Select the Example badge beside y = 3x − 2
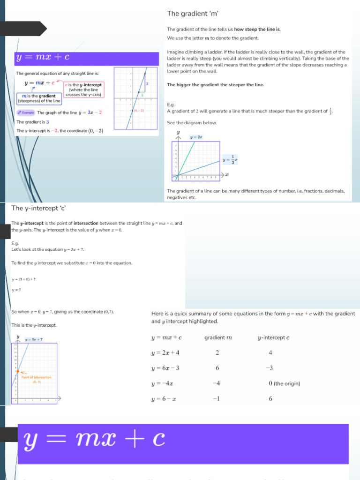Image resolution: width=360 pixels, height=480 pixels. [x=26, y=112]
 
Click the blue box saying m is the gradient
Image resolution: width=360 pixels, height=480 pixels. [x=39, y=98]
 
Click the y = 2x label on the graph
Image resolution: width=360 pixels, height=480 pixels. [x=196, y=137]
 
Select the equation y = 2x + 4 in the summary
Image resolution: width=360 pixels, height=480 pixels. [x=165, y=353]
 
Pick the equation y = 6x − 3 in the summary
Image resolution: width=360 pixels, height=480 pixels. [x=165, y=368]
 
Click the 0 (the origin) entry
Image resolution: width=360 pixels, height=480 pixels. [x=284, y=383]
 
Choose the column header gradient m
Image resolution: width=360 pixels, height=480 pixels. [x=218, y=337]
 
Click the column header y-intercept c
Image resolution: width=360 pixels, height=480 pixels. [x=273, y=337]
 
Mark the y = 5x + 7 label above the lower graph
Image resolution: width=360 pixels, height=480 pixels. [x=34, y=339]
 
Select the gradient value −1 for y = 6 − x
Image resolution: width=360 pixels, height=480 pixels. [x=216, y=399]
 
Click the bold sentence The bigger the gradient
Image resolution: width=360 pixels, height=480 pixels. [x=215, y=85]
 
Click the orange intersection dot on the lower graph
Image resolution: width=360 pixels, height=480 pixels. [x=17, y=372]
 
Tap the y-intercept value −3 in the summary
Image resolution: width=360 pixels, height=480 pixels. [x=269, y=368]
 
